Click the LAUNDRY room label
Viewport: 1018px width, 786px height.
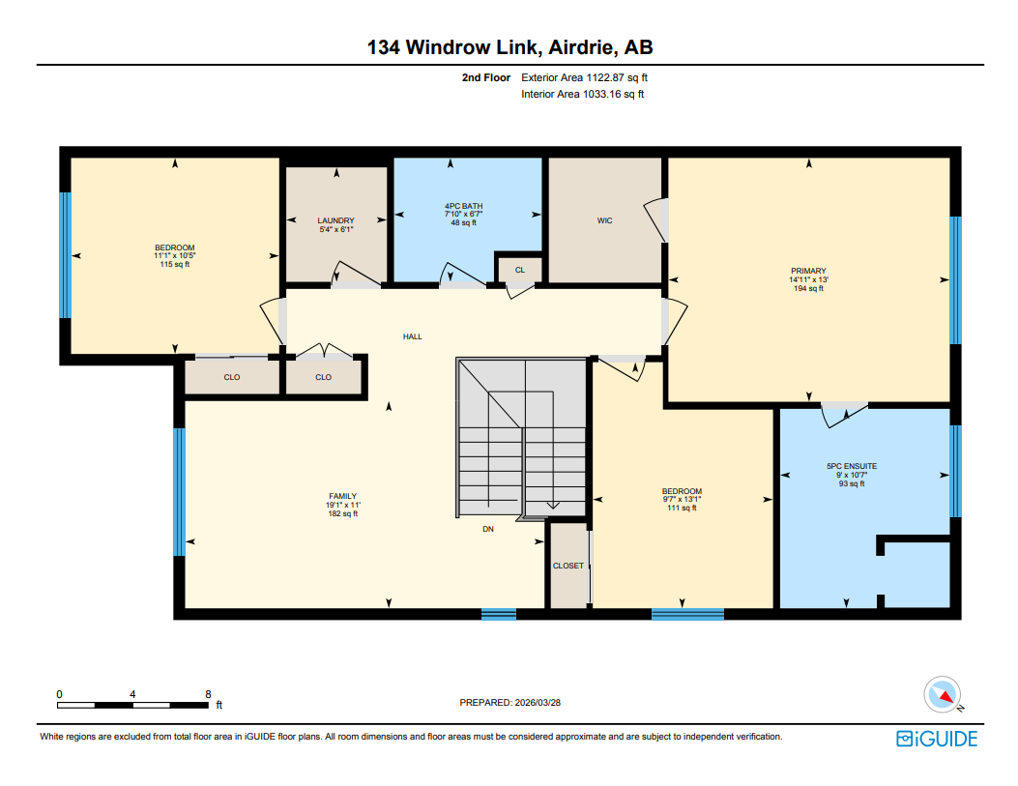(x=335, y=220)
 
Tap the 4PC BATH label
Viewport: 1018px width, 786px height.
(x=463, y=206)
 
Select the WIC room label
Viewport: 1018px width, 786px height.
(x=604, y=220)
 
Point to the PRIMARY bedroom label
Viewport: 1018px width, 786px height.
(x=807, y=271)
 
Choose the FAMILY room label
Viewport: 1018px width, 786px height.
(x=342, y=496)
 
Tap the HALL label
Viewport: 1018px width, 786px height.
(x=413, y=336)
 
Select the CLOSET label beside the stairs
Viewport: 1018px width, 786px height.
(x=567, y=566)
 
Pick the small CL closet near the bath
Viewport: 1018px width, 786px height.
(x=519, y=270)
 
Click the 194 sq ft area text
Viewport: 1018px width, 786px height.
(x=807, y=288)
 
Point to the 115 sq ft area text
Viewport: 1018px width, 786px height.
(x=175, y=264)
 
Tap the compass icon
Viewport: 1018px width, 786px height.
(x=942, y=694)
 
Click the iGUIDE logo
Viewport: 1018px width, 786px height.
(x=937, y=739)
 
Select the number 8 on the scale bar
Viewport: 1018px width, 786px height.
(x=208, y=694)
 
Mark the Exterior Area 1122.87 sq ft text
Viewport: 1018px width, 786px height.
(x=591, y=77)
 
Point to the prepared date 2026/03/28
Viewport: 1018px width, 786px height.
(x=509, y=703)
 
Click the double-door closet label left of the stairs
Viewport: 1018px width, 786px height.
(x=323, y=377)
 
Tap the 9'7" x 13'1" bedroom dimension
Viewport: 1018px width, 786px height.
(x=682, y=499)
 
